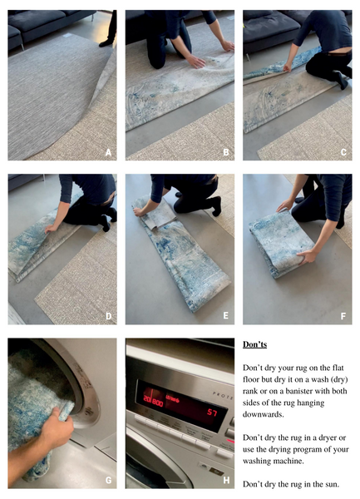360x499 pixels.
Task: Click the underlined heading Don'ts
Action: [x=257, y=343]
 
